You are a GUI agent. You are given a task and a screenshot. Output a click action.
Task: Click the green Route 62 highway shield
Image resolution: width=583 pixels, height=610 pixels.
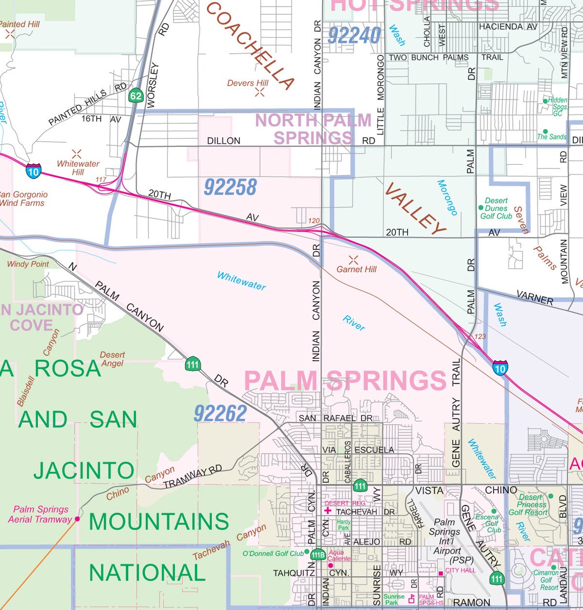click(136, 96)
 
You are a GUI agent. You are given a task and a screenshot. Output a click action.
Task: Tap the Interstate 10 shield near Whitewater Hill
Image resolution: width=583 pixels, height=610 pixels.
click(33, 171)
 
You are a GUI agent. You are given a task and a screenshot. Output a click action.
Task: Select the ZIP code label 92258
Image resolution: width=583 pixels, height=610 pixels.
click(230, 187)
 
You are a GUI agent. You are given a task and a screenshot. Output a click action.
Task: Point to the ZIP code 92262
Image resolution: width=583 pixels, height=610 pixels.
click(220, 413)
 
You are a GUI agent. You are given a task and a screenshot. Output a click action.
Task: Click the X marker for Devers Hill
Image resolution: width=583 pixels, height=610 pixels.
click(260, 92)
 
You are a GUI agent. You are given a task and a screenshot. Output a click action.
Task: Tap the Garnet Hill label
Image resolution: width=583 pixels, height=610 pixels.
click(356, 269)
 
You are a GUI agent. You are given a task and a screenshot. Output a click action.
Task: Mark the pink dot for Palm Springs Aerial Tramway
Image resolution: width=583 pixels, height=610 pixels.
click(77, 519)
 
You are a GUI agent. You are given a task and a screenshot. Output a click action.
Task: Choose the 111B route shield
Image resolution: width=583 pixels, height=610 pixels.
click(318, 555)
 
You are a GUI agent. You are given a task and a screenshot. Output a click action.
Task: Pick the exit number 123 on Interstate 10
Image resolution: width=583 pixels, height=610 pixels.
click(480, 336)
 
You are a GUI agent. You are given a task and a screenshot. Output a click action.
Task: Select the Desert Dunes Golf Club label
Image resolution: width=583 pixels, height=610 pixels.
click(496, 208)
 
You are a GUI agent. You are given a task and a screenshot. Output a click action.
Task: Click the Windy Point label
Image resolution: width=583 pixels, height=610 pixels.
click(28, 264)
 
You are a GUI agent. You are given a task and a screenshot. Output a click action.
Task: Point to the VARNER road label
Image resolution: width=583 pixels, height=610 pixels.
click(534, 297)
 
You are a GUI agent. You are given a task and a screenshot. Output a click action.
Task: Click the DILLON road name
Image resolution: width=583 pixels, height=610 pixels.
click(223, 141)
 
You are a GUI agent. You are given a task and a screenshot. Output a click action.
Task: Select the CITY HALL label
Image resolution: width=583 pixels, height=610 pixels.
click(460, 570)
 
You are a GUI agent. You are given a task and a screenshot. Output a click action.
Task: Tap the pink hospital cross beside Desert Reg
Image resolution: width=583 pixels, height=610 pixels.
click(328, 511)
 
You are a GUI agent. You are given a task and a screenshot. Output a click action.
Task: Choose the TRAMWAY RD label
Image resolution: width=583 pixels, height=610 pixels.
click(193, 476)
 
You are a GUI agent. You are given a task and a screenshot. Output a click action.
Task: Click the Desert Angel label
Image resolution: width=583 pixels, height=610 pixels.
click(112, 359)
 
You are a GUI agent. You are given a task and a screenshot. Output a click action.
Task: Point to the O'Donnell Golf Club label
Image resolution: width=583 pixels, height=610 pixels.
click(273, 553)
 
